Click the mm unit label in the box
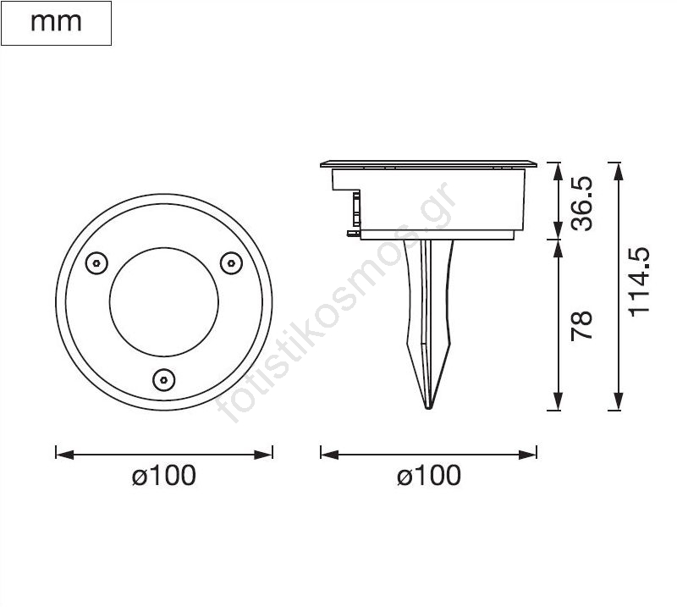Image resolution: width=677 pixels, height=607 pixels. (x=56, y=23)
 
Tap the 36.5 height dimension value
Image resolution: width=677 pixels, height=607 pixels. (x=581, y=203)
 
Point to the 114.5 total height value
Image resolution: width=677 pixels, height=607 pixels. (x=639, y=282)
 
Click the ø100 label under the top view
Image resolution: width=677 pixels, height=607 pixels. (x=163, y=475)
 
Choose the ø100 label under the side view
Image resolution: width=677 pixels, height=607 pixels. (x=429, y=475)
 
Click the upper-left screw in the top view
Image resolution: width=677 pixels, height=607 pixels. (x=96, y=262)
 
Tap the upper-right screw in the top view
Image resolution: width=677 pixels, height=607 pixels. (x=231, y=262)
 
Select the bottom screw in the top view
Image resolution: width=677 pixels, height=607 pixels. (x=164, y=380)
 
